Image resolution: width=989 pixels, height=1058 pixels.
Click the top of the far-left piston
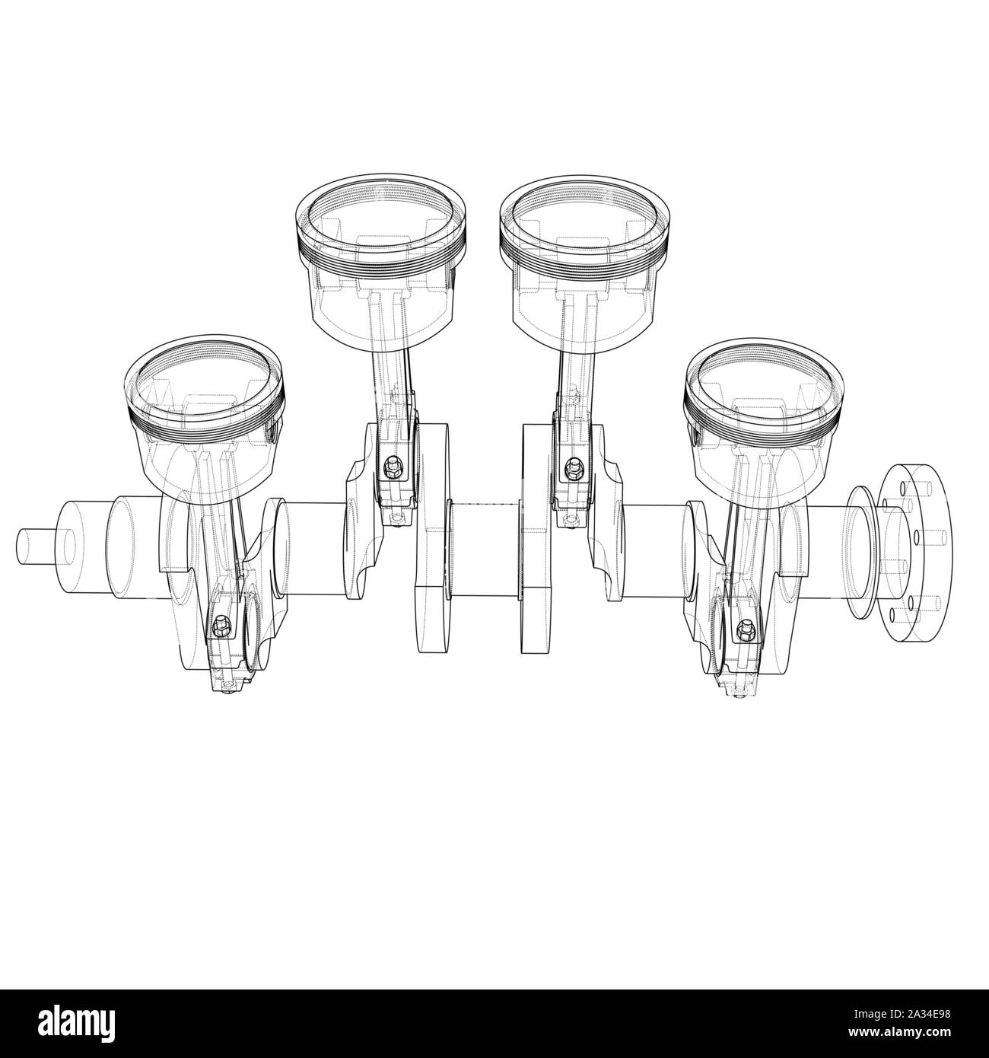tap(203, 378)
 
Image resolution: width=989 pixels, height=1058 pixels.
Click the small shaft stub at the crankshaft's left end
tap(38, 546)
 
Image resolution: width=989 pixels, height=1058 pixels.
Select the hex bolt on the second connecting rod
tap(393, 466)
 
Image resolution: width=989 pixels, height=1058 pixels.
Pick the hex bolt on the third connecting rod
tap(568, 466)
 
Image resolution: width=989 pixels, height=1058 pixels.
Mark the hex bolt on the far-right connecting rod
tap(744, 629)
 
